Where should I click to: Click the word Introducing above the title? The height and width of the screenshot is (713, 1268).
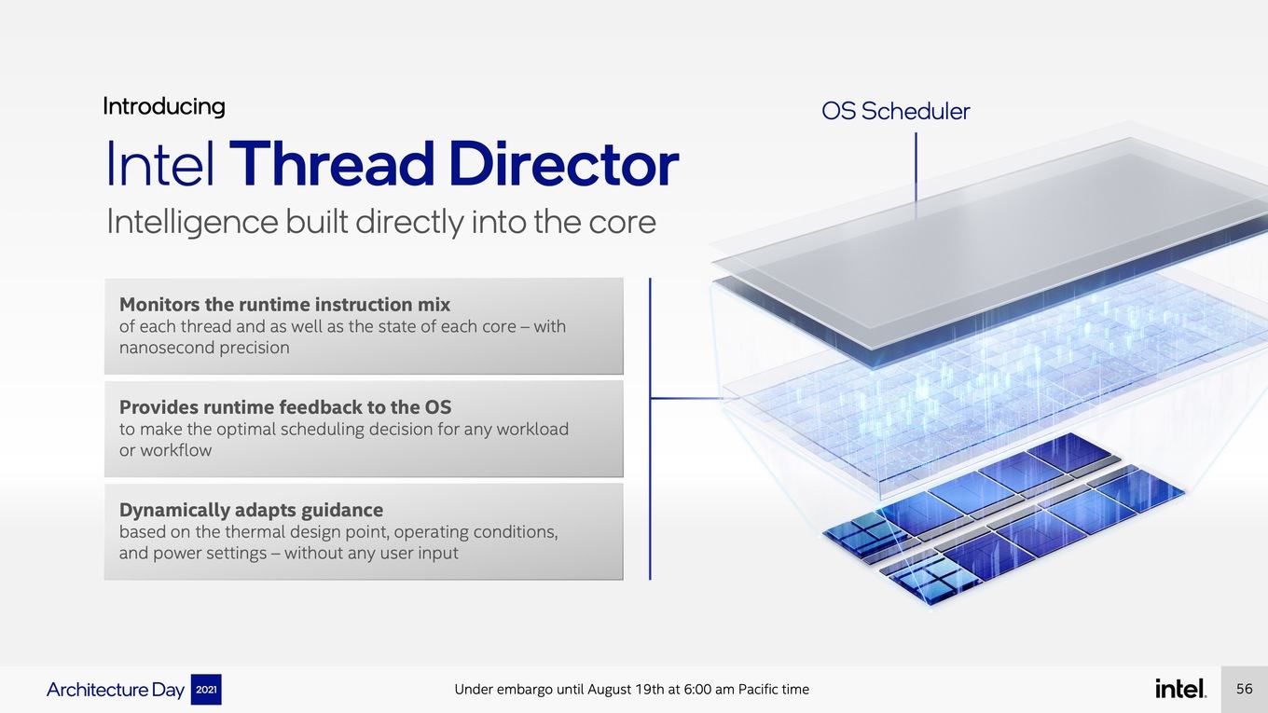coord(164,106)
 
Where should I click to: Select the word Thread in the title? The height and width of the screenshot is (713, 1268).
coord(332,164)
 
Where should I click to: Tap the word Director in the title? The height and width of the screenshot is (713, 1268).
coord(564,164)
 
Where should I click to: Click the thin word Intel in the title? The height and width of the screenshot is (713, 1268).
coord(160,164)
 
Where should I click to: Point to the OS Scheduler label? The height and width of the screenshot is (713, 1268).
coord(895,111)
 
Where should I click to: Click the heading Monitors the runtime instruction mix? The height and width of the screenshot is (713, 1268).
coord(284,305)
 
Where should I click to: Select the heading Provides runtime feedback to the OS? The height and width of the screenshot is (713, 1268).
coord(285,407)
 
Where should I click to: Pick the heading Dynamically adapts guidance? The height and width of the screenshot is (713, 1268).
coord(251,510)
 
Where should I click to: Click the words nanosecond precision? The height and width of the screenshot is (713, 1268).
coord(204,348)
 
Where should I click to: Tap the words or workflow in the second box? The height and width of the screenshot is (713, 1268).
coord(165,450)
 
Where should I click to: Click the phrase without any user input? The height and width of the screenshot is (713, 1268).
coord(371,553)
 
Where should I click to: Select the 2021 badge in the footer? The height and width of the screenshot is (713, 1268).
coord(206,690)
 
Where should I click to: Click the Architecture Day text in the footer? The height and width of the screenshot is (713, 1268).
coord(116,690)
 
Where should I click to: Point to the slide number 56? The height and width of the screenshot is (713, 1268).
coord(1244,689)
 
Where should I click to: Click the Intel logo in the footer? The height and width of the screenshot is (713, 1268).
coord(1180,689)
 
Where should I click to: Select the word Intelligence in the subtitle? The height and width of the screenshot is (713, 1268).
coord(192,222)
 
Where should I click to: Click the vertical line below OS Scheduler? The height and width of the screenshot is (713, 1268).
coord(916,175)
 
